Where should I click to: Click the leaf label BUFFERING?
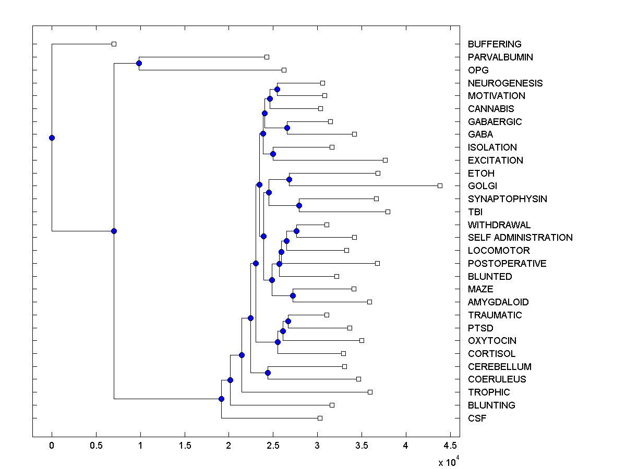pyautogui.click(x=494, y=44)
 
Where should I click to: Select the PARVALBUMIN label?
pyautogui.click(x=500, y=57)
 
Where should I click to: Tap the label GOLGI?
pyautogui.click(x=482, y=186)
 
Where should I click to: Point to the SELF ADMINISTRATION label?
pyautogui.click(x=520, y=238)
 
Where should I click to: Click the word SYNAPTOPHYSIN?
pyautogui.click(x=507, y=199)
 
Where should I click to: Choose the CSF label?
pyautogui.click(x=477, y=418)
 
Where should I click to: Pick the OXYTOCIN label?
pyautogui.click(x=492, y=341)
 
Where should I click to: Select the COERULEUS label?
pyautogui.click(x=497, y=379)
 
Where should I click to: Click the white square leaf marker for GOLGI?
pyautogui.click(x=440, y=186)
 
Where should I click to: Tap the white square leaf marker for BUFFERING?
pyautogui.click(x=114, y=44)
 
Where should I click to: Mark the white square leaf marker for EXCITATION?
pyautogui.click(x=385, y=160)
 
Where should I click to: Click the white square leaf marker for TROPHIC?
pyautogui.click(x=370, y=392)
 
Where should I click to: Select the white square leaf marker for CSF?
pyautogui.click(x=320, y=418)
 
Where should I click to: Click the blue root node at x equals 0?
pyautogui.click(x=52, y=138)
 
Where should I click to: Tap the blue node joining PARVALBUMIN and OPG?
pyautogui.click(x=139, y=63)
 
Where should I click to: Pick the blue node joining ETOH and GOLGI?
pyautogui.click(x=289, y=179)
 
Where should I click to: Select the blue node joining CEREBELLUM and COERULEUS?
pyautogui.click(x=268, y=373)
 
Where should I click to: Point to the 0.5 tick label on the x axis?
pyautogui.click(x=96, y=446)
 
